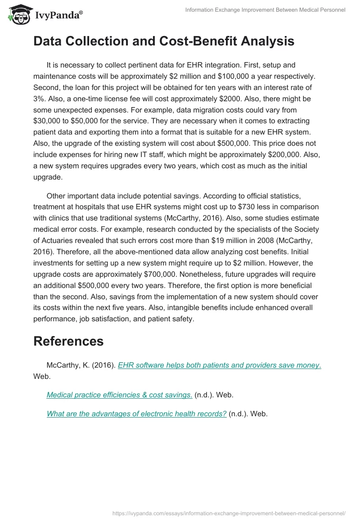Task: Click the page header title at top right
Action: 265,10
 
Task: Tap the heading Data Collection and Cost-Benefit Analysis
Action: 164,41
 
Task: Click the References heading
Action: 68,341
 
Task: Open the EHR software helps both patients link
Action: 219,365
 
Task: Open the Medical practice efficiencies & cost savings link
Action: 120,395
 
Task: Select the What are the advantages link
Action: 136,414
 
